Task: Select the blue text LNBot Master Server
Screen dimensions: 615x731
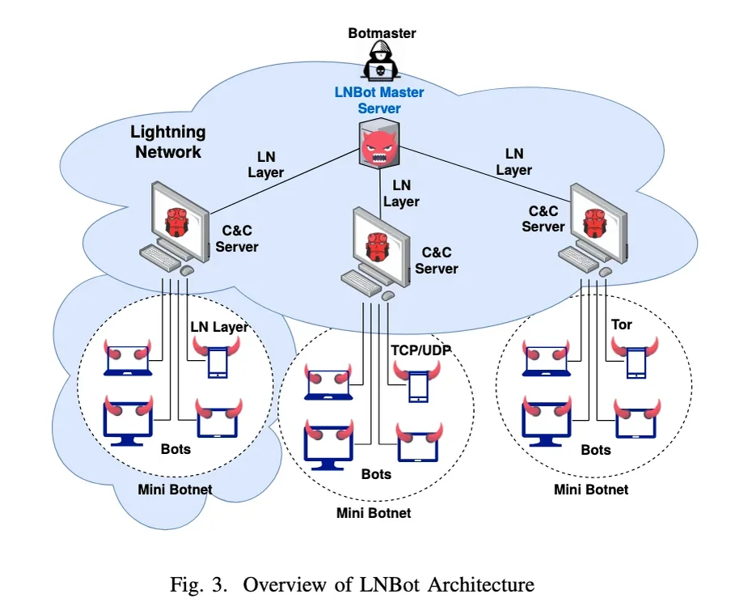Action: [x=379, y=100]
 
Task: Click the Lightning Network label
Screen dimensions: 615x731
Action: [x=168, y=142]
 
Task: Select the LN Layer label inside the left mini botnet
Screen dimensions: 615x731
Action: [x=219, y=327]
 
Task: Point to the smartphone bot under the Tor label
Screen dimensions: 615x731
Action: [x=636, y=361]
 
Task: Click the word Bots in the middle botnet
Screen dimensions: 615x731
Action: [x=375, y=474]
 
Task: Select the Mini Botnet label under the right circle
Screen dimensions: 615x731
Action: [x=590, y=489]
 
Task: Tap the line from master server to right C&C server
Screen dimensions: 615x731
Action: [x=485, y=172]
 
